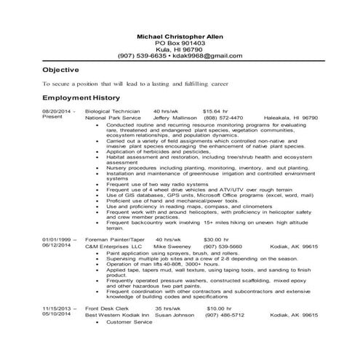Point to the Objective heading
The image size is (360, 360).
(60, 70)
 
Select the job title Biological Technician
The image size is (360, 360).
(111, 111)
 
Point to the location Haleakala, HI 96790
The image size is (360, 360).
(289, 117)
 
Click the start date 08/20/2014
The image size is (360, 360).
(59, 111)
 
